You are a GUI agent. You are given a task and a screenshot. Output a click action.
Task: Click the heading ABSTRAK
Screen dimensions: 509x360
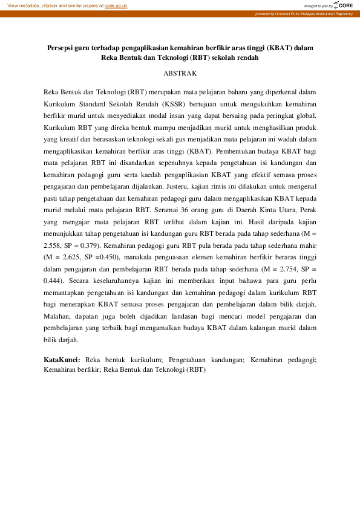click(x=180, y=74)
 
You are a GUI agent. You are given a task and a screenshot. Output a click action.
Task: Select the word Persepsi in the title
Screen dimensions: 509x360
click(x=61, y=48)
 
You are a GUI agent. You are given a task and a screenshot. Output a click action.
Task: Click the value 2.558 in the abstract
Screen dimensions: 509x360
click(x=54, y=246)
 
